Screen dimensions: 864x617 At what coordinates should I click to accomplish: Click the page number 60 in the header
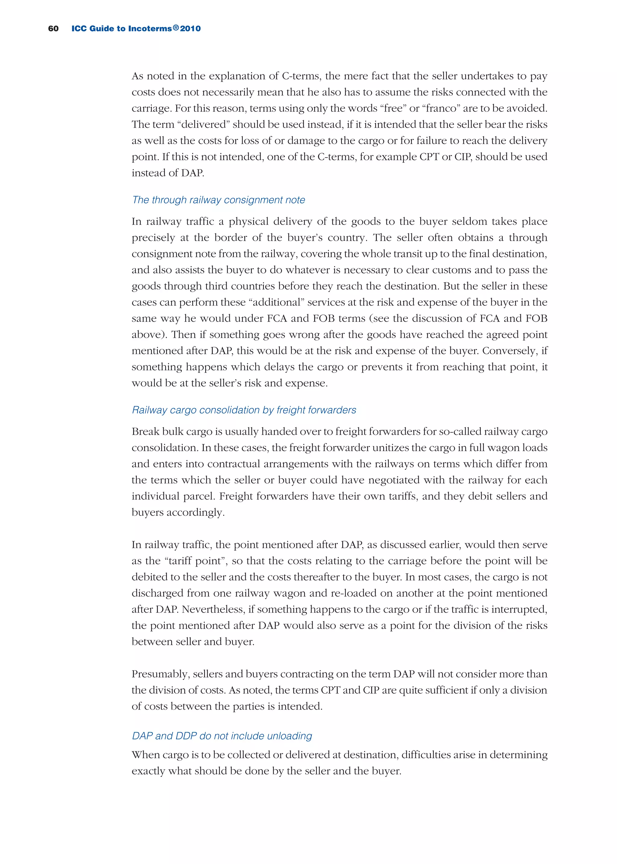tap(53, 29)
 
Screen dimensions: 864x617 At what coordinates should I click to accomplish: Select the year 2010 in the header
tap(190, 29)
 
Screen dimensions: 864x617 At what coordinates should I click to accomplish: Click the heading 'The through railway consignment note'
tap(218, 200)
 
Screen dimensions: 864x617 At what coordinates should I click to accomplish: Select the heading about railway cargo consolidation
tap(244, 410)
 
